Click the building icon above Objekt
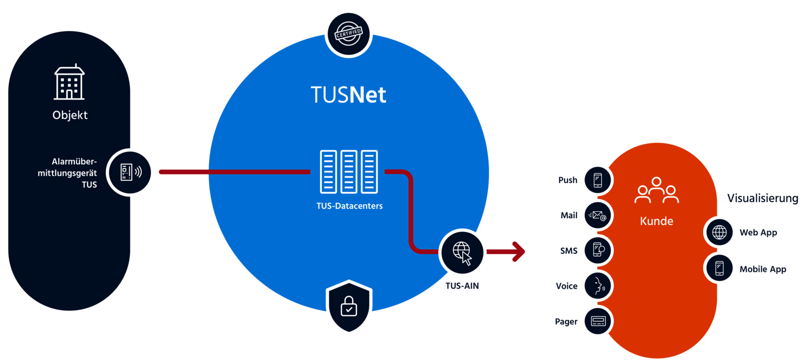point(69,82)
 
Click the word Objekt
point(70,115)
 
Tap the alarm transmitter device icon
point(131,172)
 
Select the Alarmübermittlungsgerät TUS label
point(68,173)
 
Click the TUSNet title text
point(348,95)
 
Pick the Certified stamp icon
point(348,34)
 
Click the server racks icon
point(349,171)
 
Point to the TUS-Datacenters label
point(349,206)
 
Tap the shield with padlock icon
point(349,306)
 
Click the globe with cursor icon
point(462,252)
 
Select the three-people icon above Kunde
point(656,190)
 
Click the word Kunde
point(656,221)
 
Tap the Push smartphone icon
point(597,180)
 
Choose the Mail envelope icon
point(597,216)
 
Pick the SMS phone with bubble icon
point(597,250)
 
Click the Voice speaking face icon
point(597,286)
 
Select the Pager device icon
point(597,321)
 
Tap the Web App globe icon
point(720,232)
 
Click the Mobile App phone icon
point(720,268)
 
